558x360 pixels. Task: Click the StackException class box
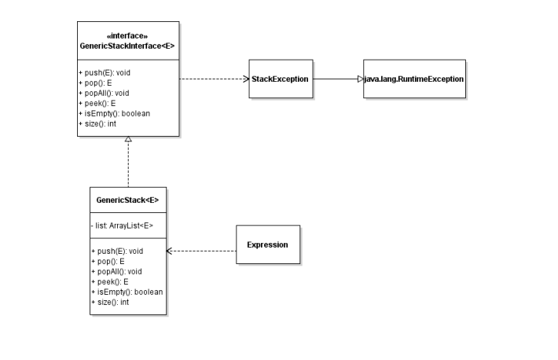click(281, 79)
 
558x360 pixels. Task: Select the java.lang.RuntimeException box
click(414, 79)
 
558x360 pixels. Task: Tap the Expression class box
click(267, 244)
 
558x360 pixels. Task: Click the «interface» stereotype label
click(127, 36)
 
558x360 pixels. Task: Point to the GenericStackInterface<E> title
click(127, 46)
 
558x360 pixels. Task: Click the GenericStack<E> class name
click(127, 200)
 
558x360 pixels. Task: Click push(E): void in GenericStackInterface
click(105, 72)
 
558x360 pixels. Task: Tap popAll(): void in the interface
click(105, 93)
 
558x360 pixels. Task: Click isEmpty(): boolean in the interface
click(114, 113)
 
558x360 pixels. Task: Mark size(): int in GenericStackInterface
click(98, 123)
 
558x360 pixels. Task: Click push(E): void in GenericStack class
click(116, 251)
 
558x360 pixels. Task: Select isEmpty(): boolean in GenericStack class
click(126, 292)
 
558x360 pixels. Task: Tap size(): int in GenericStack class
click(110, 302)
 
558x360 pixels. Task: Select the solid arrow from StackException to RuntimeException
click(336, 79)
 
